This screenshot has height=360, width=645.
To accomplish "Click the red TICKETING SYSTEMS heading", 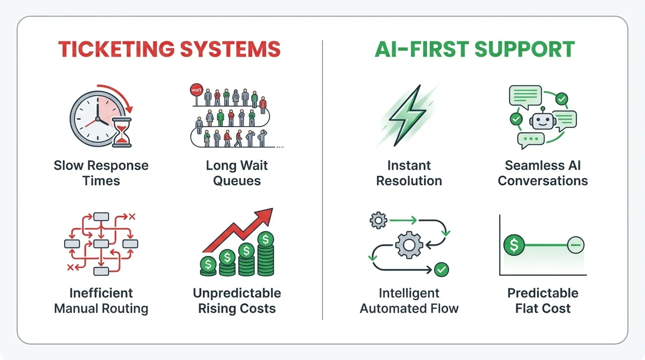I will coord(169,49).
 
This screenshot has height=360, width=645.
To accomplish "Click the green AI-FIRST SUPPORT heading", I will coord(475,49).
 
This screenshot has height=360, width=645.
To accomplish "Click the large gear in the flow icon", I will coord(409,244).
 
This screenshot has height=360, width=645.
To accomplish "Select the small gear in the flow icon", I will coord(378,220).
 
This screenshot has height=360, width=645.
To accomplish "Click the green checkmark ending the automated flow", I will coord(442,270).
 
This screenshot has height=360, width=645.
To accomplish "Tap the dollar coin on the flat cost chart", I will coord(514,245).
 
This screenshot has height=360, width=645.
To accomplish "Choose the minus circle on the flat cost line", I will coord(576,245).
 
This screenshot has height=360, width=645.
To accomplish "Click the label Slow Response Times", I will coord(101,173).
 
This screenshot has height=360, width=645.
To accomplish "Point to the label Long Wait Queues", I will coord(237,173).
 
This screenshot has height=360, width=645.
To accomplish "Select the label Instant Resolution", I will coord(409,173).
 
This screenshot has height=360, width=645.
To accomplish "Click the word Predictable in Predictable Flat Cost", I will coord(543,293).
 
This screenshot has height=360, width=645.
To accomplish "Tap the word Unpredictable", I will coord(237,293).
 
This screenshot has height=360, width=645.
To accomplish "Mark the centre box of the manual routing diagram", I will coord(101,244).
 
